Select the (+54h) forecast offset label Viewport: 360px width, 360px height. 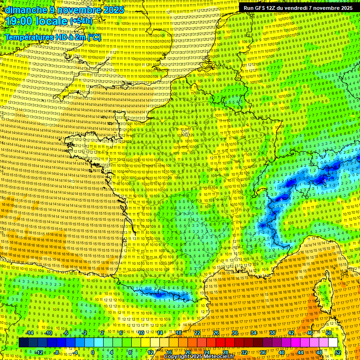81,21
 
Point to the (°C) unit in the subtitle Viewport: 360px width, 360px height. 94,37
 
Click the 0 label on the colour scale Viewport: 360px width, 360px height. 93,352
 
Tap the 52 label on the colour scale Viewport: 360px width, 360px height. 338,352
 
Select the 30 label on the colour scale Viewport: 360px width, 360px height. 234,333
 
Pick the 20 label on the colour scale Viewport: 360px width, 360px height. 187,352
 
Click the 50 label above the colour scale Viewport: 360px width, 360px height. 328,333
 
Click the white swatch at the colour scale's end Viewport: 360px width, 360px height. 333,343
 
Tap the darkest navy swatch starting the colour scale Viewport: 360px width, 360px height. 23,343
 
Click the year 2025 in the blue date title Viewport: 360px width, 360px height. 113,10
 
